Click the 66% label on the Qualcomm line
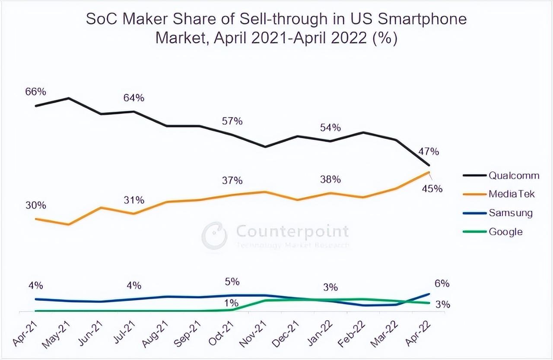(x=35, y=92)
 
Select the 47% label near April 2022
(x=429, y=152)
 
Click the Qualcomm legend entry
(x=514, y=175)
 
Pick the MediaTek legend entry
(x=512, y=194)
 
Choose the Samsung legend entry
(x=510, y=213)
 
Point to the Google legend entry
(x=505, y=232)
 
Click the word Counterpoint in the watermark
(x=292, y=231)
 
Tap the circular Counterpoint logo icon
(x=214, y=235)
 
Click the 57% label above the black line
(x=232, y=121)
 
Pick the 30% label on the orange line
(x=35, y=205)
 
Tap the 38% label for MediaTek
(x=331, y=179)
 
